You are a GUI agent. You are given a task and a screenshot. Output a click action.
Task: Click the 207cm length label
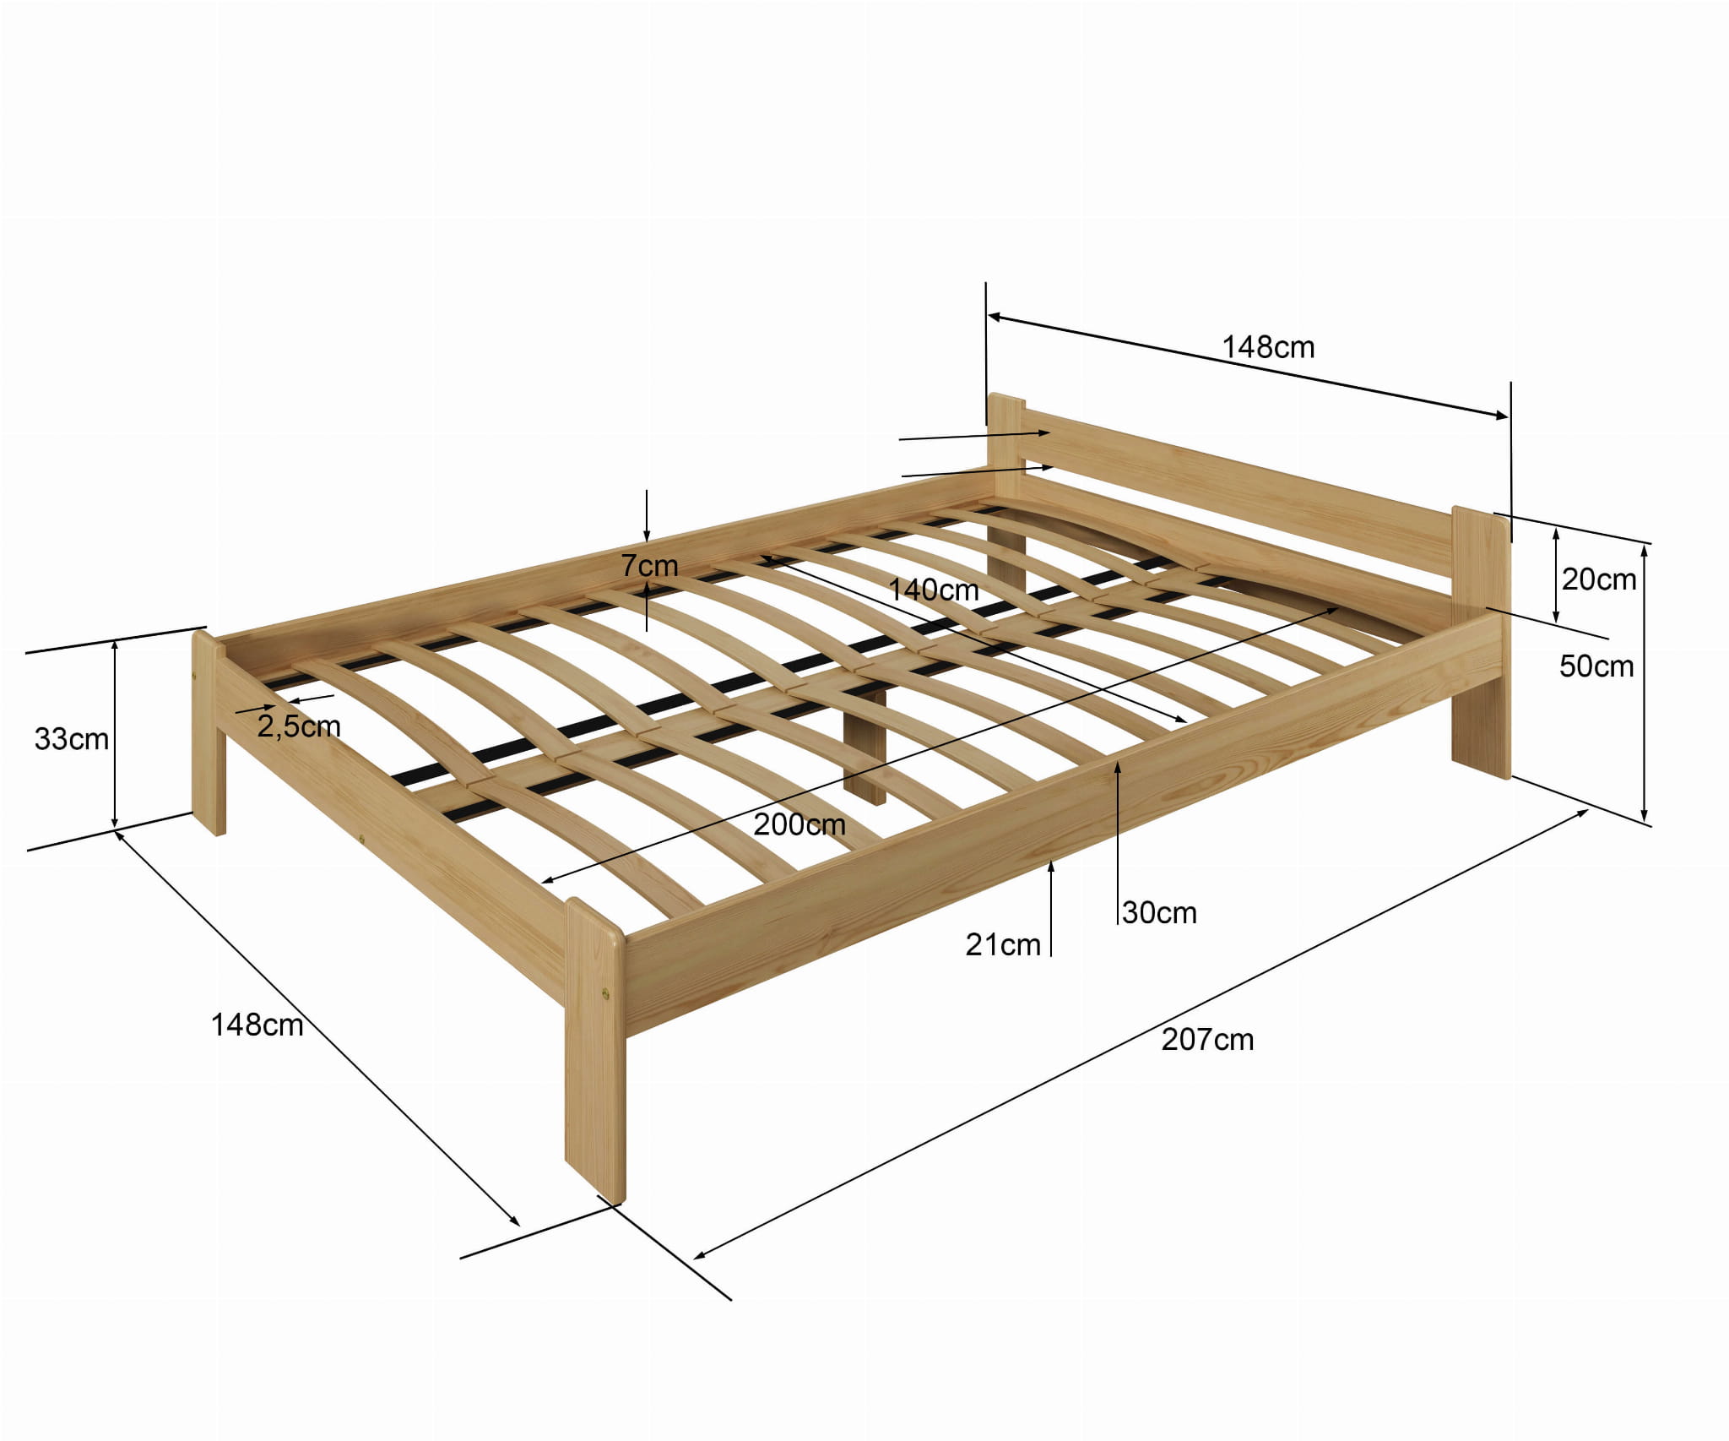(1207, 1040)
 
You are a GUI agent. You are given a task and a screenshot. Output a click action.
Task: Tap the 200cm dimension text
(799, 824)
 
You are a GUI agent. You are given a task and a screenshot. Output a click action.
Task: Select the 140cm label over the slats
(934, 590)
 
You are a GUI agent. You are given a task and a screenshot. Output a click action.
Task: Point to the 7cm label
(649, 565)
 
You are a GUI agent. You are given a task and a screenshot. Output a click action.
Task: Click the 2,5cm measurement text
(299, 726)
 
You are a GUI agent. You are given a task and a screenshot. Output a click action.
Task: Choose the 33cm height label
(72, 739)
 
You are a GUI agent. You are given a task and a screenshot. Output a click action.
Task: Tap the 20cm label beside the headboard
(1599, 579)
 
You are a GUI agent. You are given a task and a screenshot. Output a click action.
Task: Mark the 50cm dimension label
(1596, 666)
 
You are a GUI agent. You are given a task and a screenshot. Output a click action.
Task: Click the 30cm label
(1160, 913)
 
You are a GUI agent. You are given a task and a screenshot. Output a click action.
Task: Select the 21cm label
(1003, 945)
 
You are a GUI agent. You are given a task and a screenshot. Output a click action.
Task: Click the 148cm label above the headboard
(1268, 347)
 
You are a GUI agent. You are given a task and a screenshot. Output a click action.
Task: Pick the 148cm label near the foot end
(257, 1025)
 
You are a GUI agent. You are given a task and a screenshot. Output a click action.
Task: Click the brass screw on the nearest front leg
(606, 994)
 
